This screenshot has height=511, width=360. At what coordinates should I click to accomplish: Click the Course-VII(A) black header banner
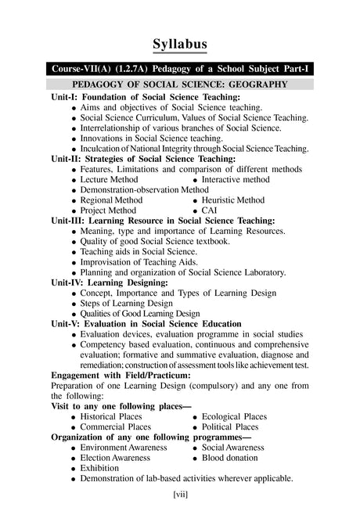click(x=180, y=69)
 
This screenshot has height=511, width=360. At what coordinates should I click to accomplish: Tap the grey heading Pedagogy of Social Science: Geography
click(x=180, y=84)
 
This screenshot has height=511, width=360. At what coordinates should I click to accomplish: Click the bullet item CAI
click(x=209, y=211)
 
